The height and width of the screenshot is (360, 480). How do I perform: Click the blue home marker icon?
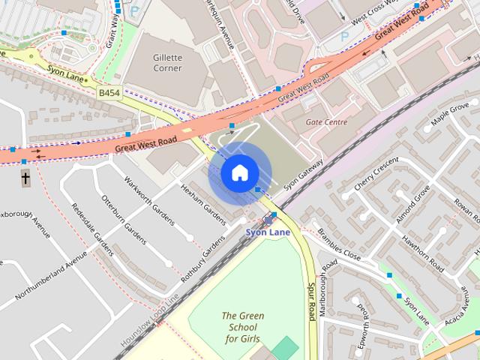(239, 172)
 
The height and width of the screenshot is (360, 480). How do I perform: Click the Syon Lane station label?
(268, 232)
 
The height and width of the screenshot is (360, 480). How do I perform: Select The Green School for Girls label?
(242, 327)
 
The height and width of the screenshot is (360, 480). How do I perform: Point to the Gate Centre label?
(326, 121)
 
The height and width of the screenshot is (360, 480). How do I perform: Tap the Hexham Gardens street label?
(203, 202)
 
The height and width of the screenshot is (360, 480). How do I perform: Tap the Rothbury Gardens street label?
(202, 258)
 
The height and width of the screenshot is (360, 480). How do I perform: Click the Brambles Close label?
(338, 244)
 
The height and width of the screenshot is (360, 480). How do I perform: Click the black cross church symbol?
(25, 178)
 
